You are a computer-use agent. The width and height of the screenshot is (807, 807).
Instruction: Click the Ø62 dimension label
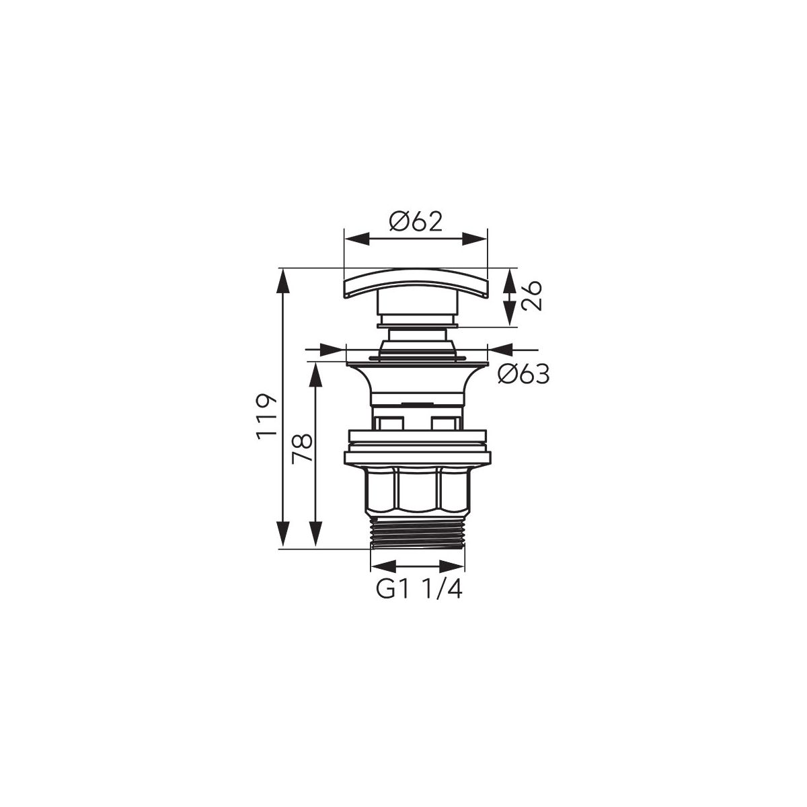click(x=416, y=222)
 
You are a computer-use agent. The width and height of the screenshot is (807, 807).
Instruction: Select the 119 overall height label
click(x=266, y=416)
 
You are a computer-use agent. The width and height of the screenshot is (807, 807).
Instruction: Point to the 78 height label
click(x=303, y=448)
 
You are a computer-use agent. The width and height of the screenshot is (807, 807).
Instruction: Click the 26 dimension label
click(x=532, y=296)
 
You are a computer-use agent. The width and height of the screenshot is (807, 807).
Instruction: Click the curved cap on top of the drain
click(x=416, y=283)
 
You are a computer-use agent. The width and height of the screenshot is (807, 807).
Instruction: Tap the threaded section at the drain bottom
click(x=418, y=533)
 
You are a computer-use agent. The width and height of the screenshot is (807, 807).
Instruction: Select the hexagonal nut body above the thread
click(x=418, y=488)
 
